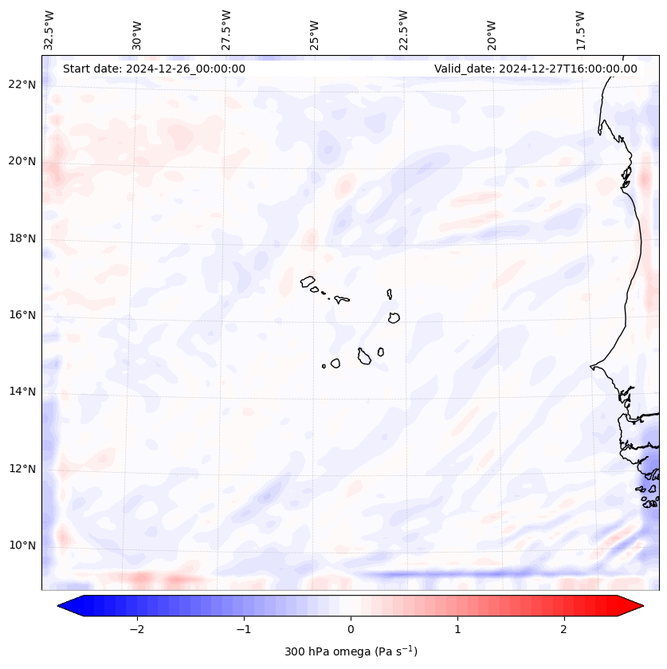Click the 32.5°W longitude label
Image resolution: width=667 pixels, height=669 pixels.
pos(49,30)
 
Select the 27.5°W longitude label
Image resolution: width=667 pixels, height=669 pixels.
pos(226,30)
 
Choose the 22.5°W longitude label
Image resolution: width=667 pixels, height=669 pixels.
pos(403,30)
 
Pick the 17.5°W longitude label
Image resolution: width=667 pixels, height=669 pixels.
pos(580,30)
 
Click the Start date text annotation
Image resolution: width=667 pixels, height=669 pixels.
pos(154,69)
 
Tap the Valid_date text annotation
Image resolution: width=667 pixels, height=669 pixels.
pos(536,69)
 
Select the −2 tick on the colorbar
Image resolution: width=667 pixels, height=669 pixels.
pos(136,629)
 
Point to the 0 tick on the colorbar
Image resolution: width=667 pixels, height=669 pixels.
pos(351,629)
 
